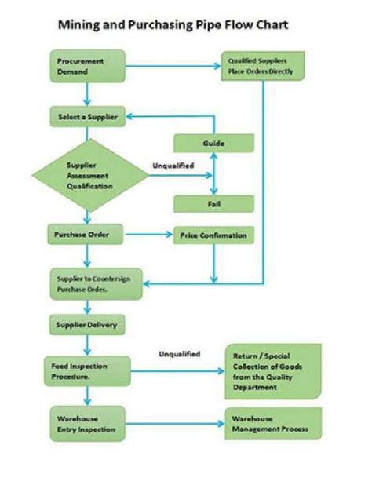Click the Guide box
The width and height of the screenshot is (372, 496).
tap(213, 144)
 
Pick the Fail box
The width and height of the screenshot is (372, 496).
tap(213, 203)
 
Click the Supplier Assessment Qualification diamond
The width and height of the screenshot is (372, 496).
tap(89, 176)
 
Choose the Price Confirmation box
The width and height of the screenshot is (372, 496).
tap(213, 235)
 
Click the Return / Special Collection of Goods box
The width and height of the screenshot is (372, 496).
tap(273, 370)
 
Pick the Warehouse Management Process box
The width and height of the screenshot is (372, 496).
tap(273, 424)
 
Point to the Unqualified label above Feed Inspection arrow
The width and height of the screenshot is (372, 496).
tap(179, 354)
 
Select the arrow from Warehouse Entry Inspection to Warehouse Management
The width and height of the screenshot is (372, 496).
tap(174, 424)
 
